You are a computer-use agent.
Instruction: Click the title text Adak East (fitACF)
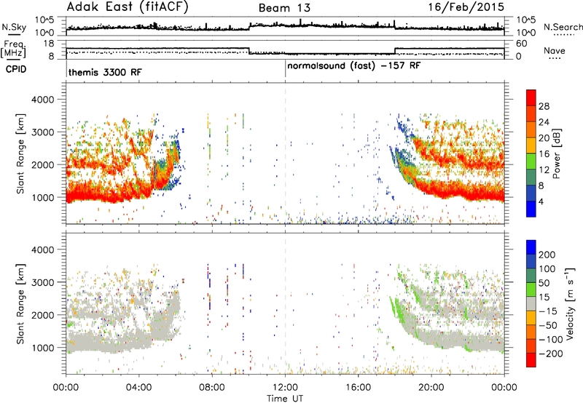pos(128,7)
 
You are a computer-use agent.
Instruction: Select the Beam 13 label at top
pos(284,8)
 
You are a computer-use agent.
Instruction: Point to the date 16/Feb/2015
pos(466,7)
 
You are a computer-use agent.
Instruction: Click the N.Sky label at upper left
pos(14,27)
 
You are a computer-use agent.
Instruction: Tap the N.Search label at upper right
pos(563,27)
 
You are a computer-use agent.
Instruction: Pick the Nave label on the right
pos(555,50)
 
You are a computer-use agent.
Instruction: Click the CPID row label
pos(16,69)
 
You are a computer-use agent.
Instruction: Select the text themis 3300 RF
pos(105,72)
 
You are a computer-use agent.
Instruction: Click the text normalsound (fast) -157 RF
pos(354,66)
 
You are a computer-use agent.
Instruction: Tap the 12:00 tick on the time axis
pos(285,387)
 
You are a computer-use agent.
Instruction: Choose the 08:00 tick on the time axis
pos(212,387)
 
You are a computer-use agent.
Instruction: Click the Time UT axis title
pos(285,399)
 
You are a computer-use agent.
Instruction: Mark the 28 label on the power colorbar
pos(544,106)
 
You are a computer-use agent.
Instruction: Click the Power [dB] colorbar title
pos(557,154)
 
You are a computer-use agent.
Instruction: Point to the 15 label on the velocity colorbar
pos(544,298)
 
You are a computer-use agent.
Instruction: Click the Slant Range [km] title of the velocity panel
pos(20,304)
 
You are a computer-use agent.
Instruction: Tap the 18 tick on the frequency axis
pos(49,44)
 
